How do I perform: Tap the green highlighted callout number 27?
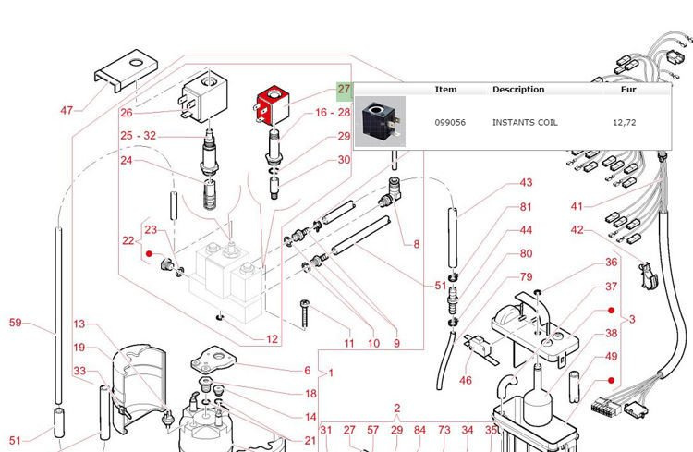[x=344, y=90]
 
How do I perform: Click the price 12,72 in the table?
[x=620, y=122]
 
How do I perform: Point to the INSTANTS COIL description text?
[x=525, y=122]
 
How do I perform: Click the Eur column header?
[x=615, y=90]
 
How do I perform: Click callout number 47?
[x=67, y=111]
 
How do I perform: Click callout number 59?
[x=15, y=323]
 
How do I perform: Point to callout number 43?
[x=526, y=183]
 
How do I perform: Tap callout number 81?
[x=526, y=207]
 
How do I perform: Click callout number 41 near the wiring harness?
[x=577, y=205]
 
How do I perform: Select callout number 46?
[x=466, y=380]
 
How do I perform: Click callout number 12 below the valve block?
[x=272, y=339]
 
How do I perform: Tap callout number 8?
[x=416, y=244]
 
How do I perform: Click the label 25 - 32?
[x=139, y=136]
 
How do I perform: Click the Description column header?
[x=517, y=90]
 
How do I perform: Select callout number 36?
[x=611, y=263]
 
